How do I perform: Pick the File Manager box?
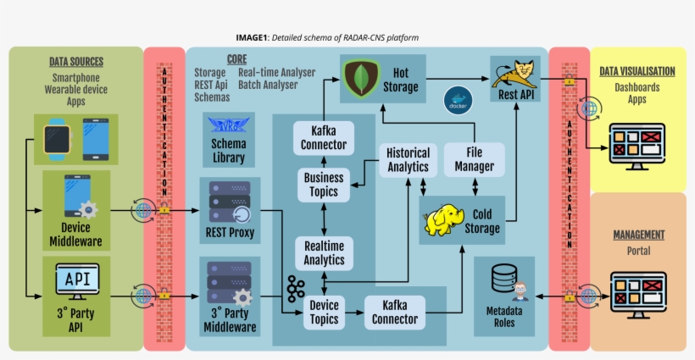(x=474, y=160)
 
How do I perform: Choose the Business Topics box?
(x=324, y=185)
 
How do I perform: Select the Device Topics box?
(x=324, y=312)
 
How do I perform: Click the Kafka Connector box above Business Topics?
(x=324, y=137)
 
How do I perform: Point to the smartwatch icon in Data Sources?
(x=57, y=139)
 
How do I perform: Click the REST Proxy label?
(x=229, y=233)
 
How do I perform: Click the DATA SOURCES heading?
(x=75, y=61)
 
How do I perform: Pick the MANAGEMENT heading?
(x=638, y=234)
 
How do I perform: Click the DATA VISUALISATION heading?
(x=637, y=71)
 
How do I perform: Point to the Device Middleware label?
(x=75, y=235)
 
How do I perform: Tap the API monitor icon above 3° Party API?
(x=76, y=279)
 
